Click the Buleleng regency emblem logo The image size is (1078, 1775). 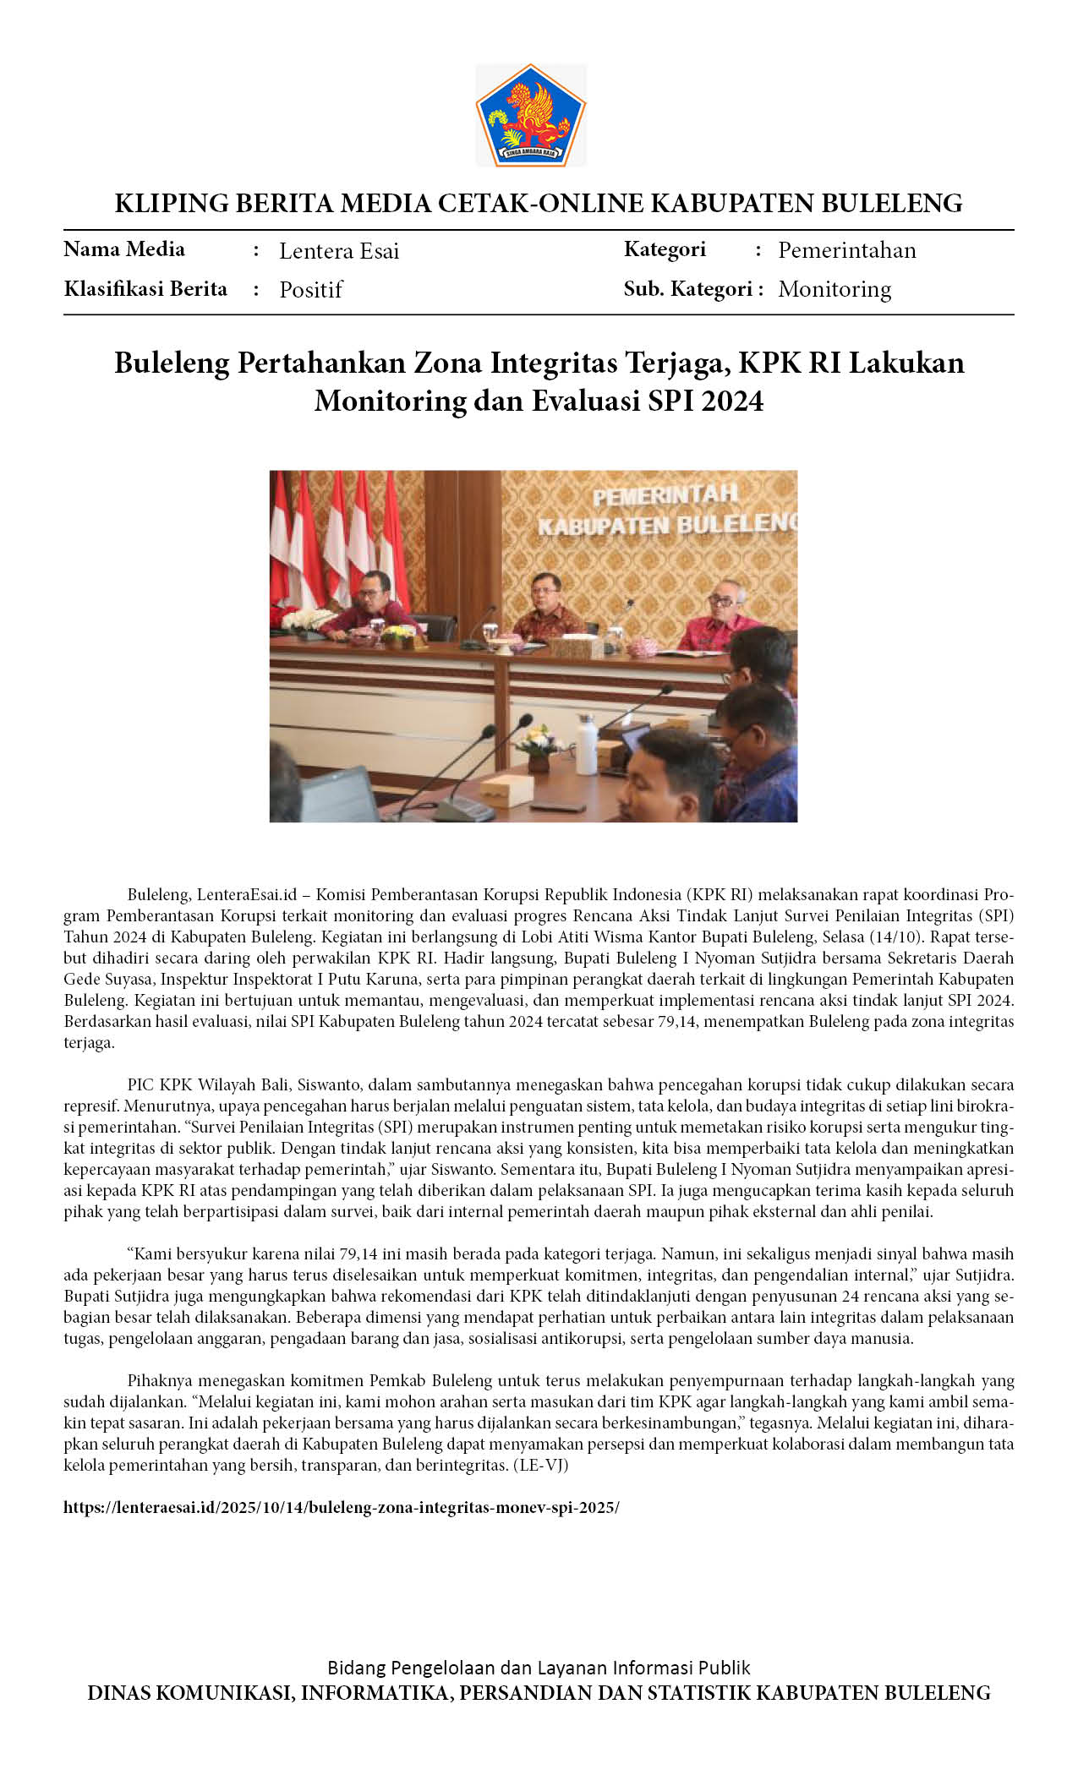(x=530, y=114)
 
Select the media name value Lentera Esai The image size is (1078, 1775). (x=339, y=251)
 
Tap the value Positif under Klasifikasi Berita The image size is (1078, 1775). (x=310, y=290)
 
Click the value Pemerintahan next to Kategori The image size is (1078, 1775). (x=846, y=250)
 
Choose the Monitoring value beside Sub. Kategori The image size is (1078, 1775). (x=834, y=289)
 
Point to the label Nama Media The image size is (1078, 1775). (x=124, y=249)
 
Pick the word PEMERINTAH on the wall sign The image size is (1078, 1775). (x=665, y=496)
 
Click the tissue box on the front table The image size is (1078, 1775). (x=507, y=790)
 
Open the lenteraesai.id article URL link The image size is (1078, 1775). (x=341, y=1508)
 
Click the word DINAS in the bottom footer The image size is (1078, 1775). (x=119, y=1693)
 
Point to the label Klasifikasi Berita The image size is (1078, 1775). (x=145, y=289)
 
